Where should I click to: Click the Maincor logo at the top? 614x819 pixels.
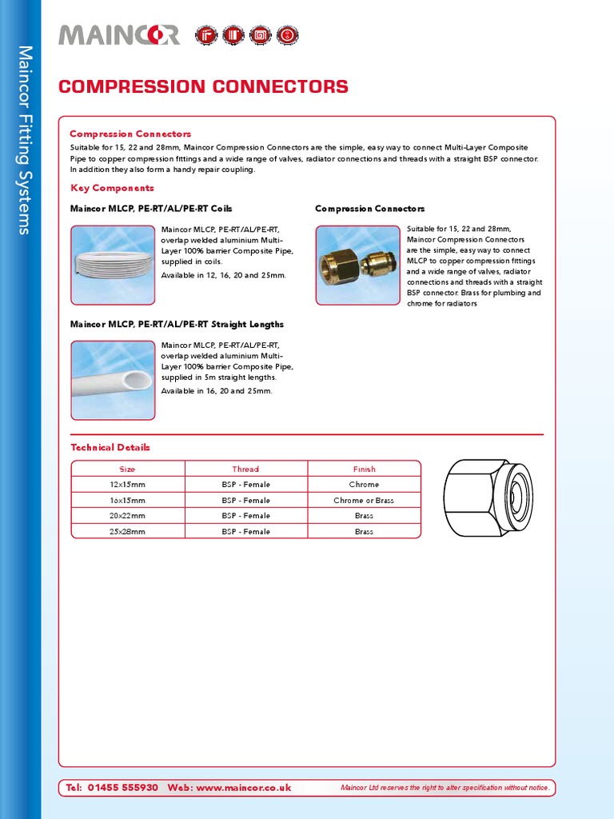(x=119, y=35)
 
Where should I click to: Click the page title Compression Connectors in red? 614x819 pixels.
(x=203, y=87)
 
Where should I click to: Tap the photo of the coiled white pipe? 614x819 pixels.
(x=113, y=265)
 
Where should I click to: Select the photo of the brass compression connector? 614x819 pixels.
(x=357, y=265)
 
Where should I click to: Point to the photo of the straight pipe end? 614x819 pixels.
(x=113, y=380)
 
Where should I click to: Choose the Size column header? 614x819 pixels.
(x=128, y=469)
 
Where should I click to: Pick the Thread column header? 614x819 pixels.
(x=245, y=469)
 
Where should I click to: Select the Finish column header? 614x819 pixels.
(x=364, y=469)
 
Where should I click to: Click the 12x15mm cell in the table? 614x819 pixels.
(x=128, y=485)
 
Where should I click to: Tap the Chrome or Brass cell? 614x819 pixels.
(x=364, y=501)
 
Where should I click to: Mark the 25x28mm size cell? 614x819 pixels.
(x=128, y=532)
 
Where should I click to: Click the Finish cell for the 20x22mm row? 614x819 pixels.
(x=364, y=516)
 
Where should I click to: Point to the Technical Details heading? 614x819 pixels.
(x=110, y=447)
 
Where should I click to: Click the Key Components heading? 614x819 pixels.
(x=112, y=188)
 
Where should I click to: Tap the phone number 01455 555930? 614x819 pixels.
(x=122, y=788)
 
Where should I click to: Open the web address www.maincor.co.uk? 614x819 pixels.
(x=243, y=788)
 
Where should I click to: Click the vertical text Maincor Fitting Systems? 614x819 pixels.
(x=24, y=140)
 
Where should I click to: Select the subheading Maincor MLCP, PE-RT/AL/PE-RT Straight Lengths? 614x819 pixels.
(x=177, y=325)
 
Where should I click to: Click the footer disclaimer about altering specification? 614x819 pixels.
(x=445, y=789)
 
